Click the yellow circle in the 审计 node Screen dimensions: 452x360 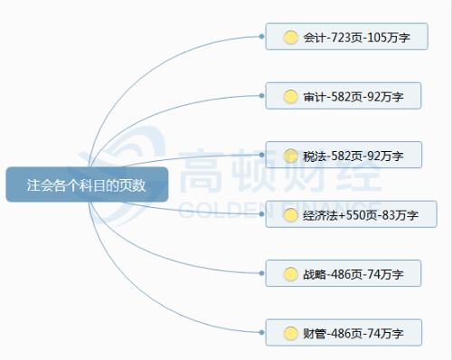290,96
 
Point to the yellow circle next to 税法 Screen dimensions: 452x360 290,155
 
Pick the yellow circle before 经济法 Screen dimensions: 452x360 290,214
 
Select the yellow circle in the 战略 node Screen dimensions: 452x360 290,273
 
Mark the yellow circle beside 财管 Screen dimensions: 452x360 290,333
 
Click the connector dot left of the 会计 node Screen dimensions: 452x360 262,37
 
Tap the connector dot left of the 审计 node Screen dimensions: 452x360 262,96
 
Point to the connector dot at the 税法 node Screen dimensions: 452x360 262,155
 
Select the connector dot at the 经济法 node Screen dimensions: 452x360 262,214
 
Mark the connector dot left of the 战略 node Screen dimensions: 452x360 262,273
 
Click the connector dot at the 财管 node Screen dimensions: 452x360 262,333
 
